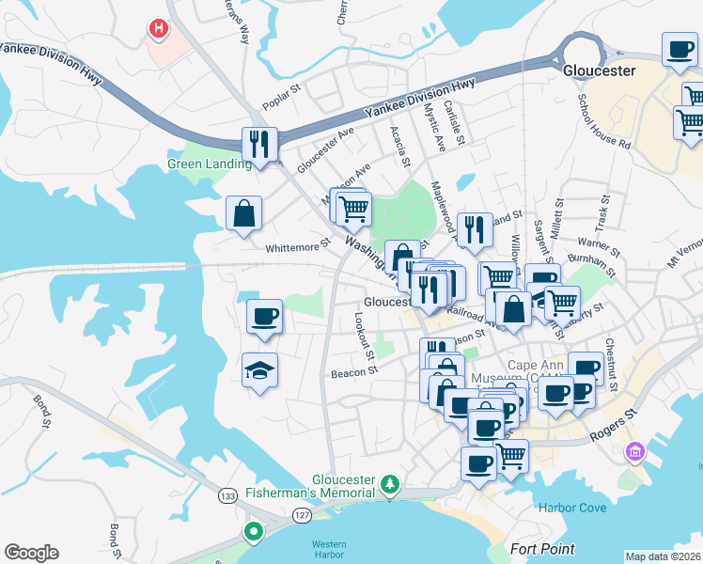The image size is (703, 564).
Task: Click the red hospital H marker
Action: pyautogui.click(x=158, y=30)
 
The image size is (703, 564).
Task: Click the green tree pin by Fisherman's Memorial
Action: pyautogui.click(x=390, y=484)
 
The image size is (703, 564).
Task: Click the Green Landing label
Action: pyautogui.click(x=210, y=164)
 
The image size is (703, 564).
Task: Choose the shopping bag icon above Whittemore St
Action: pyautogui.click(x=244, y=211)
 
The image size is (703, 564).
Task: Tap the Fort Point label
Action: pyautogui.click(x=542, y=548)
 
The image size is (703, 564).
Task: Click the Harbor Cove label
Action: pyautogui.click(x=572, y=509)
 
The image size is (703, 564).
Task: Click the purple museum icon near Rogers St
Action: pyautogui.click(x=636, y=453)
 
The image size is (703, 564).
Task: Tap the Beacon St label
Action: pyautogui.click(x=353, y=372)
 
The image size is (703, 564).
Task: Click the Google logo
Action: pyautogui.click(x=31, y=552)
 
